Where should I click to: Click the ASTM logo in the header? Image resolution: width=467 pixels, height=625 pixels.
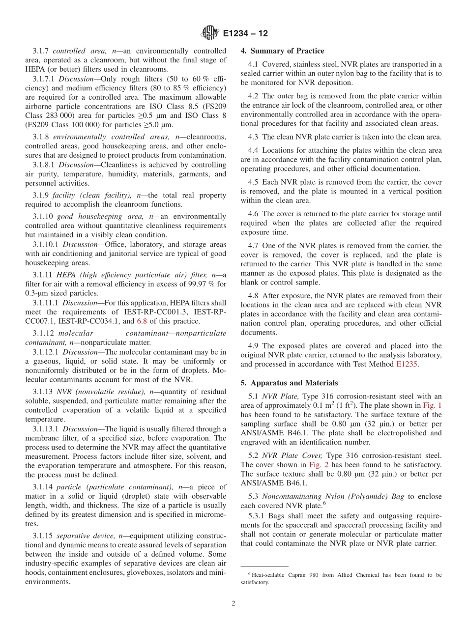point(210,33)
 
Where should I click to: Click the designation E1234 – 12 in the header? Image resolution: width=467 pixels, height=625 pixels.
point(245,34)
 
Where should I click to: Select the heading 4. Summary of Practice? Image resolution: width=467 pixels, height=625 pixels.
point(282,51)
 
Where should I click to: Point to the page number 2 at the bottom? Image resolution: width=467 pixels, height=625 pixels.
point(233,603)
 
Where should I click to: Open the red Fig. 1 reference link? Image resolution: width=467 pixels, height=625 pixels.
point(433,405)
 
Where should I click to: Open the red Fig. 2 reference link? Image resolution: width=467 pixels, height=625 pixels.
point(319,464)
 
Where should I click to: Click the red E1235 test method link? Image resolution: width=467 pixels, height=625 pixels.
point(407,364)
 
